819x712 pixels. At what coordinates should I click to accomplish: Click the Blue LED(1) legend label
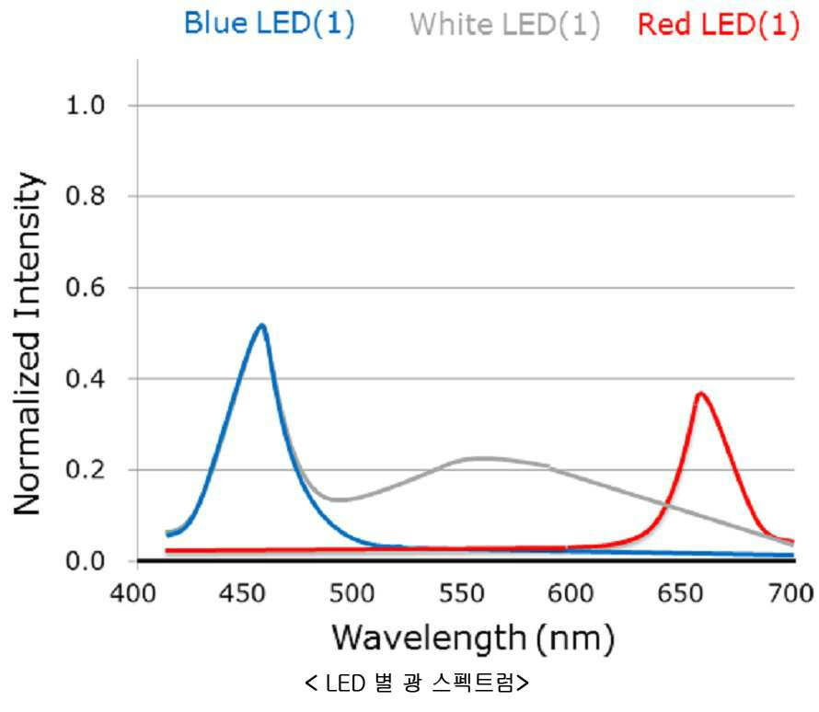tap(270, 24)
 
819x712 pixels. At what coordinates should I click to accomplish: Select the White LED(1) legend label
tap(505, 25)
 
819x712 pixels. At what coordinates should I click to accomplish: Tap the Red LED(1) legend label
tap(719, 25)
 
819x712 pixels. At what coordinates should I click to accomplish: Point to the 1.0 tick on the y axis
tap(86, 106)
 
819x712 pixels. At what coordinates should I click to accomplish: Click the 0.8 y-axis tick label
tap(86, 196)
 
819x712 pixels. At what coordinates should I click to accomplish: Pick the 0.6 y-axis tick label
tap(86, 288)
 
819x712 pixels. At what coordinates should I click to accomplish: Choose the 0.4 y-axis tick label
tap(86, 378)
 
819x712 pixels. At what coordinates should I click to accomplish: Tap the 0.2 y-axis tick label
tap(86, 470)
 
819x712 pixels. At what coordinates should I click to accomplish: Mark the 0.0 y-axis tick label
tap(86, 561)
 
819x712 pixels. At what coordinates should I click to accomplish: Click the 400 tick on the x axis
tap(133, 593)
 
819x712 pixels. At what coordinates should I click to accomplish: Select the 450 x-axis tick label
tap(242, 593)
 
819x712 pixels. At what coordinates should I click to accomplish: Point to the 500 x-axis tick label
tap(352, 593)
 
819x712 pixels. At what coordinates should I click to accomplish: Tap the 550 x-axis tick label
tap(462, 593)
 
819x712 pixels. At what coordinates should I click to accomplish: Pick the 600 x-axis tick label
tap(571, 593)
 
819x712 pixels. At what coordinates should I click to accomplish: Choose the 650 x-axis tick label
tap(681, 593)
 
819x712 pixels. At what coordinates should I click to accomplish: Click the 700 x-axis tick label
tap(790, 593)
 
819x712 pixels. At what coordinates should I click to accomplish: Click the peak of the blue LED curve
tap(261, 326)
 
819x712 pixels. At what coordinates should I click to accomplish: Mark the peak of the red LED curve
tap(700, 393)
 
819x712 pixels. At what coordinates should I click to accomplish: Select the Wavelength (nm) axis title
tap(473, 638)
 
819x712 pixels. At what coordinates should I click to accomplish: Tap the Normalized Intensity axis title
tap(28, 343)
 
